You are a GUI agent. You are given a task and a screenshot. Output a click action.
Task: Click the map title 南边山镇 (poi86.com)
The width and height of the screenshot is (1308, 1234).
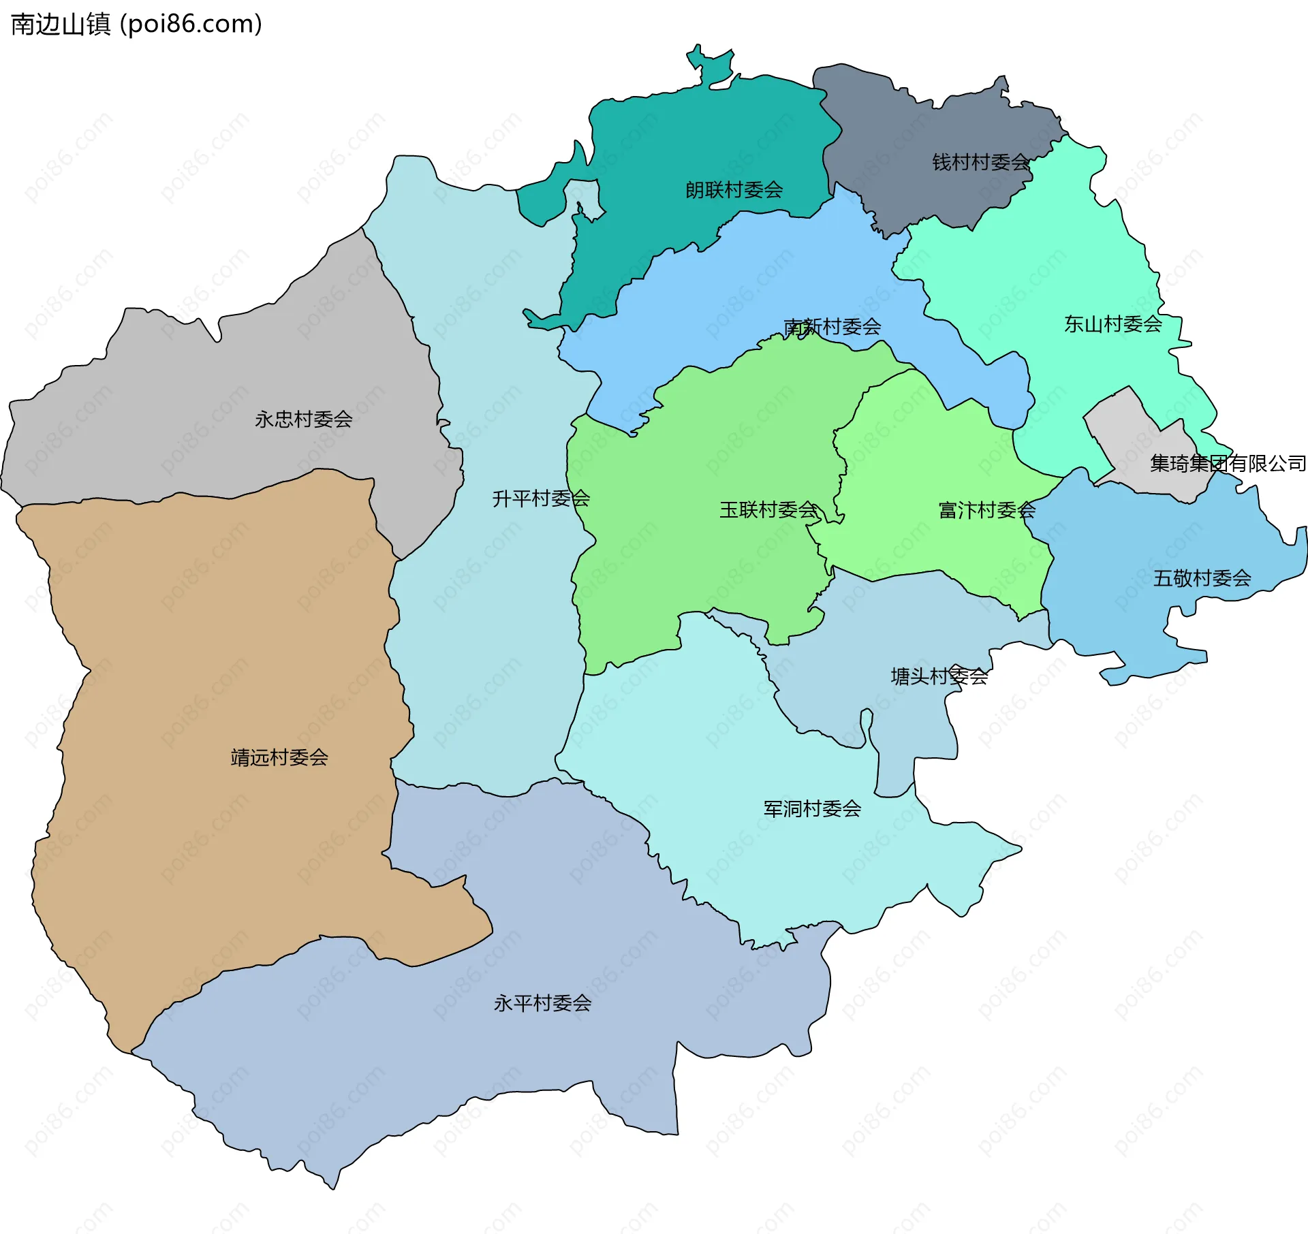click(136, 25)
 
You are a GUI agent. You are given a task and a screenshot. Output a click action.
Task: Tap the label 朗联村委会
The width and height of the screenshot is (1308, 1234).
click(734, 190)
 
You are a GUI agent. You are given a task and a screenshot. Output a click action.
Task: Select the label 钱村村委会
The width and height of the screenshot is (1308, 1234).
click(980, 163)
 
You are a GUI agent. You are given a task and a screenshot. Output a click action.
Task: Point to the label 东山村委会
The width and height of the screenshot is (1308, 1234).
click(1112, 324)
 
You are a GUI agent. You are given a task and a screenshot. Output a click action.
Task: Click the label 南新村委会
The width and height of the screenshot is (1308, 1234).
click(832, 328)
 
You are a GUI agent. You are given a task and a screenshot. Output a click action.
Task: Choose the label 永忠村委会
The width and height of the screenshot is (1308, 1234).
click(303, 420)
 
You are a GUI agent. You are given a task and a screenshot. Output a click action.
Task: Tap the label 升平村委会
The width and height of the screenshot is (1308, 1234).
click(541, 499)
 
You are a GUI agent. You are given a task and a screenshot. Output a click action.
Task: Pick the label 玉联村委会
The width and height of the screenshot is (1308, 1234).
click(768, 510)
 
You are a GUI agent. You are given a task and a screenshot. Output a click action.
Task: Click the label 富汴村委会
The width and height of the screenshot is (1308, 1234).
click(986, 511)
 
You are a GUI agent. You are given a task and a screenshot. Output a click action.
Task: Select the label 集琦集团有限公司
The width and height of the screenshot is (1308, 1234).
click(1228, 464)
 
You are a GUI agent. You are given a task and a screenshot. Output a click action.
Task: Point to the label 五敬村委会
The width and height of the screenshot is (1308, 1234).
click(1202, 579)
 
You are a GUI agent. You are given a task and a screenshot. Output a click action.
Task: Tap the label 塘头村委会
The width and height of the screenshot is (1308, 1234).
click(939, 677)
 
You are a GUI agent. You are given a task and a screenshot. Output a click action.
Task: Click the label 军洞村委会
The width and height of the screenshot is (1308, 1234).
click(812, 809)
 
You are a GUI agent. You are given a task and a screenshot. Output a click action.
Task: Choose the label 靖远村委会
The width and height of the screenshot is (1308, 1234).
click(279, 758)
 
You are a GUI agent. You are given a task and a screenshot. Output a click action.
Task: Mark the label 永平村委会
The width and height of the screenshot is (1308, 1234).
click(542, 1004)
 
